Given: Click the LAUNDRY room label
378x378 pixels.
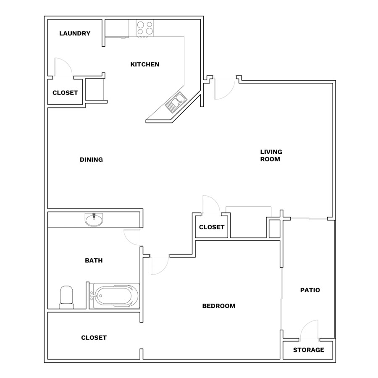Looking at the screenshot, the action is (x=75, y=33).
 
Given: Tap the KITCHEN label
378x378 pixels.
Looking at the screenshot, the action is (x=145, y=64).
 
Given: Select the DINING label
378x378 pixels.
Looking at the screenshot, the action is (x=92, y=160).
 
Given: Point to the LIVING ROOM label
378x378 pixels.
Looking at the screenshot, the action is (x=271, y=155).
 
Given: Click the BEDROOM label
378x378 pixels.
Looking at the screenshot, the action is (x=219, y=306).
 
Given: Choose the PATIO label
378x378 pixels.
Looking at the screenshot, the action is (x=310, y=290).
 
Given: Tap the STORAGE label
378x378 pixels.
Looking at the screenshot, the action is (x=309, y=350).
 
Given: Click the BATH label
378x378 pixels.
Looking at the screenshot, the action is (x=94, y=260).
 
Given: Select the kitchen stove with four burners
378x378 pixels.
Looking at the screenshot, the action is (x=144, y=28).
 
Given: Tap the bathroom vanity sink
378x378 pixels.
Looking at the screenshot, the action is (x=94, y=220).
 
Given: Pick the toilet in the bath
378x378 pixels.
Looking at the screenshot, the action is (x=66, y=297).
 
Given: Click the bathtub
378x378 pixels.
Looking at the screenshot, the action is (x=114, y=296).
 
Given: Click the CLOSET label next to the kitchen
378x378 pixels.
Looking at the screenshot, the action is (x=65, y=93).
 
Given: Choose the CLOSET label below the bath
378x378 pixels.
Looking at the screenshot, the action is (x=94, y=338).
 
